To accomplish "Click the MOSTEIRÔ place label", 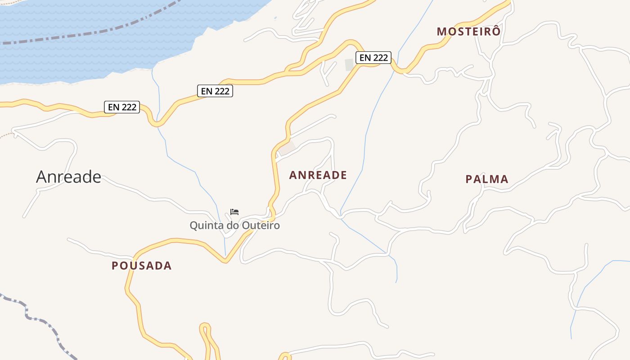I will pyautogui.click(x=468, y=31).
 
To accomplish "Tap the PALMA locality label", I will pyautogui.click(x=486, y=179).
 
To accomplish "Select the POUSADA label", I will pyautogui.click(x=142, y=265).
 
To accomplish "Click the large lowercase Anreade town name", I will pyautogui.click(x=68, y=176).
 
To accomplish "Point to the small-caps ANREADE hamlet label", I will pyautogui.click(x=318, y=175).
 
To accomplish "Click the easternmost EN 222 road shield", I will pyautogui.click(x=373, y=58).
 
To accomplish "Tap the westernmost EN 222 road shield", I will pyautogui.click(x=122, y=107).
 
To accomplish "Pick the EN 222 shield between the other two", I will pyautogui.click(x=215, y=91).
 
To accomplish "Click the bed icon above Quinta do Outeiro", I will pyautogui.click(x=234, y=212).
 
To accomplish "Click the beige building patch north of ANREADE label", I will pyautogui.click(x=287, y=147).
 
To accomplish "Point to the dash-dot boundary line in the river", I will pyautogui.click(x=90, y=34).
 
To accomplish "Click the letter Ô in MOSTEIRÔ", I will pyautogui.click(x=495, y=31).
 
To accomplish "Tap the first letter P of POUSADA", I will pyautogui.click(x=115, y=265).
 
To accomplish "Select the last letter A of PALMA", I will pyautogui.click(x=505, y=179).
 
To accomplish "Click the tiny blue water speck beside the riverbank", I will pyautogui.click(x=275, y=18).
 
